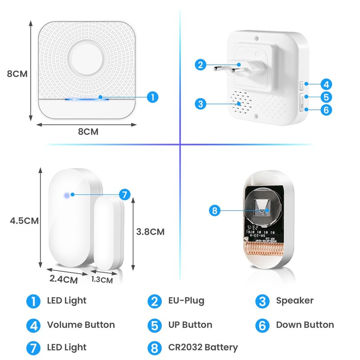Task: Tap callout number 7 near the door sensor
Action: click(124, 194)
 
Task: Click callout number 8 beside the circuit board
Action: click(216, 210)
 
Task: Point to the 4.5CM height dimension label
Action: click(25, 221)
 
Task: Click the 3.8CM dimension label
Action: click(150, 232)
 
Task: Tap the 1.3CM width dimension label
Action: click(102, 279)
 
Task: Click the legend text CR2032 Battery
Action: click(202, 347)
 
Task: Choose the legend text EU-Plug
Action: click(186, 301)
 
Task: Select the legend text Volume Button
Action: click(81, 324)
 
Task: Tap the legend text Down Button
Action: click(305, 324)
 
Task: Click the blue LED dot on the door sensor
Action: click(67, 195)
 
